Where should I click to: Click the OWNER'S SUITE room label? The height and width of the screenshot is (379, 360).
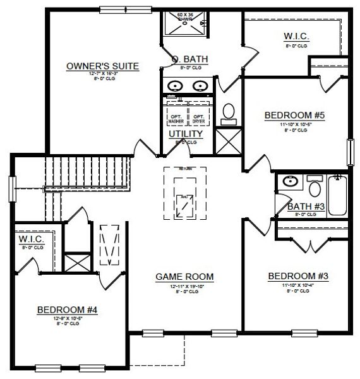tap(102, 65)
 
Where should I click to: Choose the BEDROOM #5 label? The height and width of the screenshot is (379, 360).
tap(294, 115)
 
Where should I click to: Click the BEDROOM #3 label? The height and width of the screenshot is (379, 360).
tap(298, 276)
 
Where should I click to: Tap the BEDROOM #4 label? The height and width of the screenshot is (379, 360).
tap(66, 310)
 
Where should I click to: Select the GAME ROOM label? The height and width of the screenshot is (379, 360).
tap(185, 276)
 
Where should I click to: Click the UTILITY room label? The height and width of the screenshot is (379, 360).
tap(186, 134)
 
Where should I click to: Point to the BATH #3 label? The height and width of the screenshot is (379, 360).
tap(306, 207)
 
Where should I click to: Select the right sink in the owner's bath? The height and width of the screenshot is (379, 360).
tap(201, 86)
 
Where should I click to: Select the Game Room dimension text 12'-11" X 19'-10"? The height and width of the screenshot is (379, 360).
tap(185, 286)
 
